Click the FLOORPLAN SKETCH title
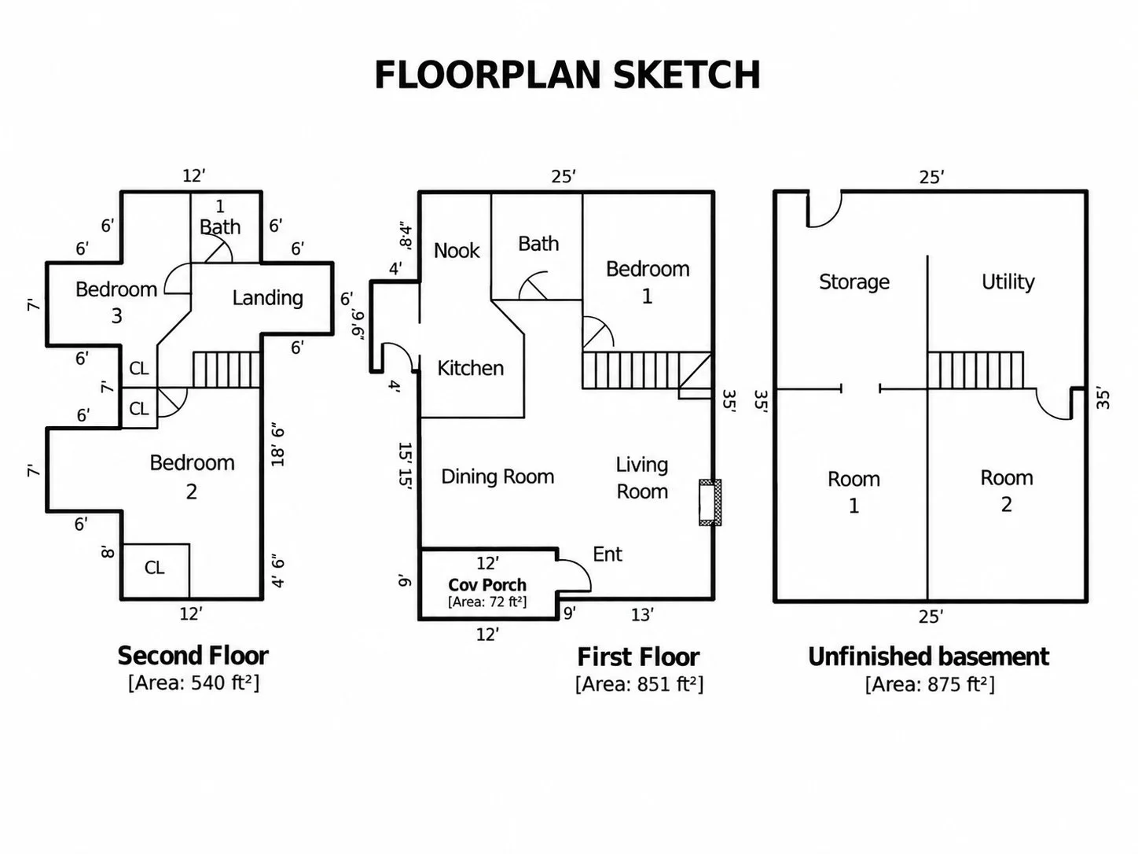(567, 75)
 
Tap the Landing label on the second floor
(267, 297)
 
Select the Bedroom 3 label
(116, 302)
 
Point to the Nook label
(457, 250)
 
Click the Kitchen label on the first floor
(470, 368)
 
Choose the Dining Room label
(497, 477)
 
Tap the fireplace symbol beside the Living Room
(710, 502)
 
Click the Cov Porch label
(487, 585)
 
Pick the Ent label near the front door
(607, 554)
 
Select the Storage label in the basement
(853, 282)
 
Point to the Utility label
(1008, 282)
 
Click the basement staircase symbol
(975, 370)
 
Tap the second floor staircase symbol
(226, 370)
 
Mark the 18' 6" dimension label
(278, 447)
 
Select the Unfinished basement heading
(928, 657)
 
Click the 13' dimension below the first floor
(642, 615)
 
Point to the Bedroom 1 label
(648, 282)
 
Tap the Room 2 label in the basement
(1006, 491)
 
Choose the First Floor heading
(638, 657)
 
